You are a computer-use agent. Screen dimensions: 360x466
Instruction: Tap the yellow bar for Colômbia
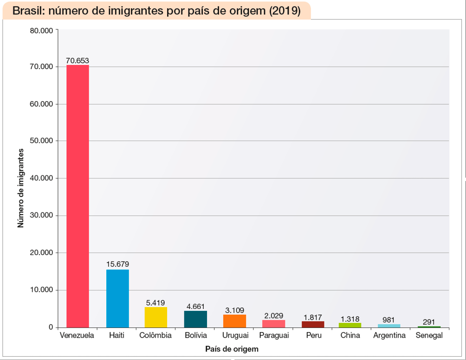tap(156, 317)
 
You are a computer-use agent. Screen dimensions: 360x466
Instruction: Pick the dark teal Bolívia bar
tap(195, 319)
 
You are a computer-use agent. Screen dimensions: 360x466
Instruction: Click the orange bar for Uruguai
tap(234, 321)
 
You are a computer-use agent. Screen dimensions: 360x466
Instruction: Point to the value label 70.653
tap(78, 60)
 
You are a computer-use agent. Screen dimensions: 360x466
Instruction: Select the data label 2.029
tap(273, 315)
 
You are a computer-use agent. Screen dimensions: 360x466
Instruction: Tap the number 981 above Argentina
tap(388, 320)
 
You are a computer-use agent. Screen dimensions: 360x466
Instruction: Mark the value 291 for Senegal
tap(428, 322)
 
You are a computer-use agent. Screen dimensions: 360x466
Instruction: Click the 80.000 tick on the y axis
tap(41, 31)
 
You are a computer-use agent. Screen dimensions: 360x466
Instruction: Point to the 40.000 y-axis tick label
tap(41, 178)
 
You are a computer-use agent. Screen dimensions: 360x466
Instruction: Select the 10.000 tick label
tap(41, 290)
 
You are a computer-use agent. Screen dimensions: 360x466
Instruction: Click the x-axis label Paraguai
tap(274, 335)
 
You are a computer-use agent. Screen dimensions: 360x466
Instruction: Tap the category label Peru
tap(313, 335)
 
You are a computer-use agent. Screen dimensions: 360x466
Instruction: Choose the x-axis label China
tap(349, 335)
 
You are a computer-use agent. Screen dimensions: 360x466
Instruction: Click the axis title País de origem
tap(232, 348)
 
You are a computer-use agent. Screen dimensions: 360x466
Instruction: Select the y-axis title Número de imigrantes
tap(20, 188)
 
